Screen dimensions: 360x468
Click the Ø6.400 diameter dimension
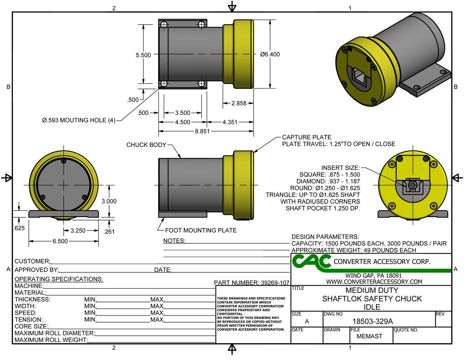pos(270,55)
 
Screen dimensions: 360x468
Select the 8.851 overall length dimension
pos(202,132)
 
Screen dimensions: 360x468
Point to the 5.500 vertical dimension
pos(143,55)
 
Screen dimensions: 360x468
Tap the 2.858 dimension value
pos(239,104)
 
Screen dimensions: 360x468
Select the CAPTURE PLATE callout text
pos(307,137)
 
